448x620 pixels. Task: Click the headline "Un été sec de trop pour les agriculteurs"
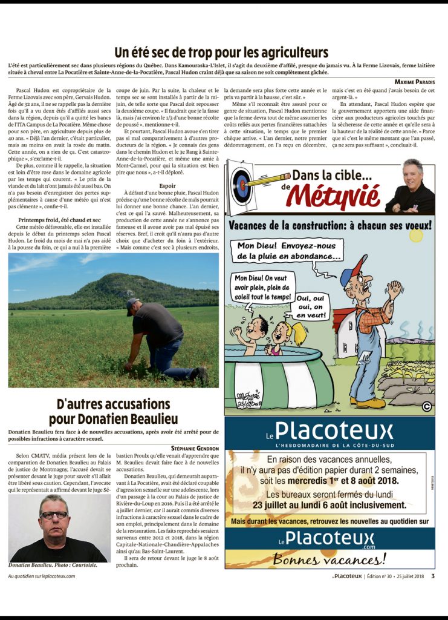point(221,52)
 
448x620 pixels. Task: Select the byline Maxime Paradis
point(415,81)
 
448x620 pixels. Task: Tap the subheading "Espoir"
point(167,170)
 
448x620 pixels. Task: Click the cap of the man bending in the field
point(132,303)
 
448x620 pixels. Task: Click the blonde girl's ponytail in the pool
point(298,334)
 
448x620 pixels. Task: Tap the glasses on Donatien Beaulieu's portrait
point(54,515)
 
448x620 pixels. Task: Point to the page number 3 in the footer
point(433,576)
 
